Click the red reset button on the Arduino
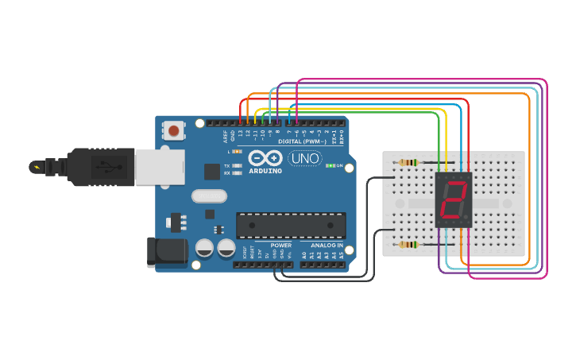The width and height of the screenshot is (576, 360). point(173,130)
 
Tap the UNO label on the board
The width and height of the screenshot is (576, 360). point(304,158)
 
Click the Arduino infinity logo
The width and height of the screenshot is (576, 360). point(265,158)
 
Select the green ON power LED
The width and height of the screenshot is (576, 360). point(331,166)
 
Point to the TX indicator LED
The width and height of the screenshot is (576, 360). point(237,165)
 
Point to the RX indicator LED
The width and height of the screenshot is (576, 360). point(237,172)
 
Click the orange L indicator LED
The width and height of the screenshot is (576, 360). point(236,151)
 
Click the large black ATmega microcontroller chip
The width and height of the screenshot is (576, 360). point(291,226)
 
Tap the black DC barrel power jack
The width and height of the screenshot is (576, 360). point(167,252)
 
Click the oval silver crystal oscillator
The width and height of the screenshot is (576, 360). point(210,195)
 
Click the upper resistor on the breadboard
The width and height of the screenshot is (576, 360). point(408,163)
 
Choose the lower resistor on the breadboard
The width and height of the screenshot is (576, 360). point(408,245)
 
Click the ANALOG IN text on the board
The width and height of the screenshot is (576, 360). point(326,246)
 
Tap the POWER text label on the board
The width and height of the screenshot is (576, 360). point(281,246)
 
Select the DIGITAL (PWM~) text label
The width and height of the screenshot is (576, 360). point(305,141)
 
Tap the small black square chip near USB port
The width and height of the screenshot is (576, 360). point(211,171)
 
